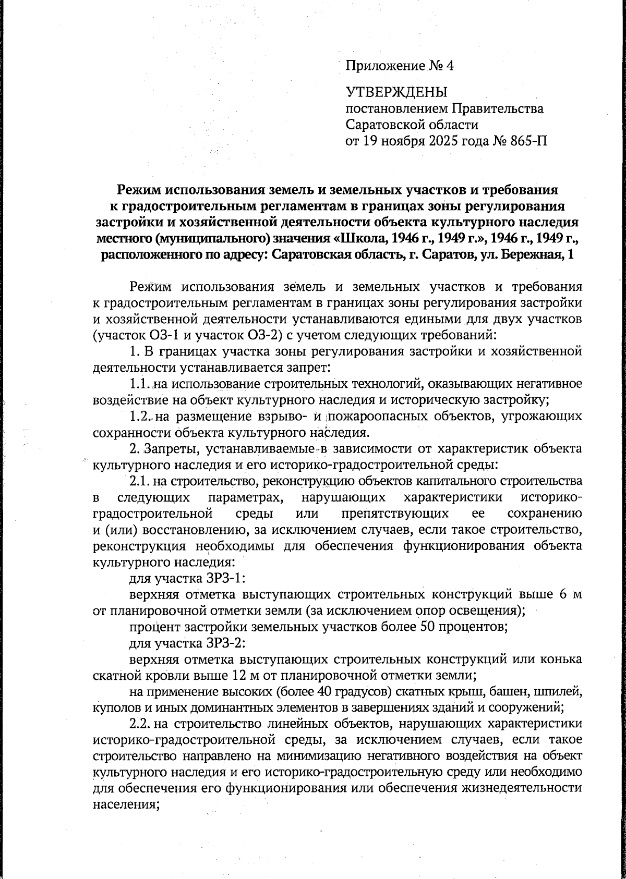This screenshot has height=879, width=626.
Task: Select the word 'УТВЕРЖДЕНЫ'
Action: tap(397, 93)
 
